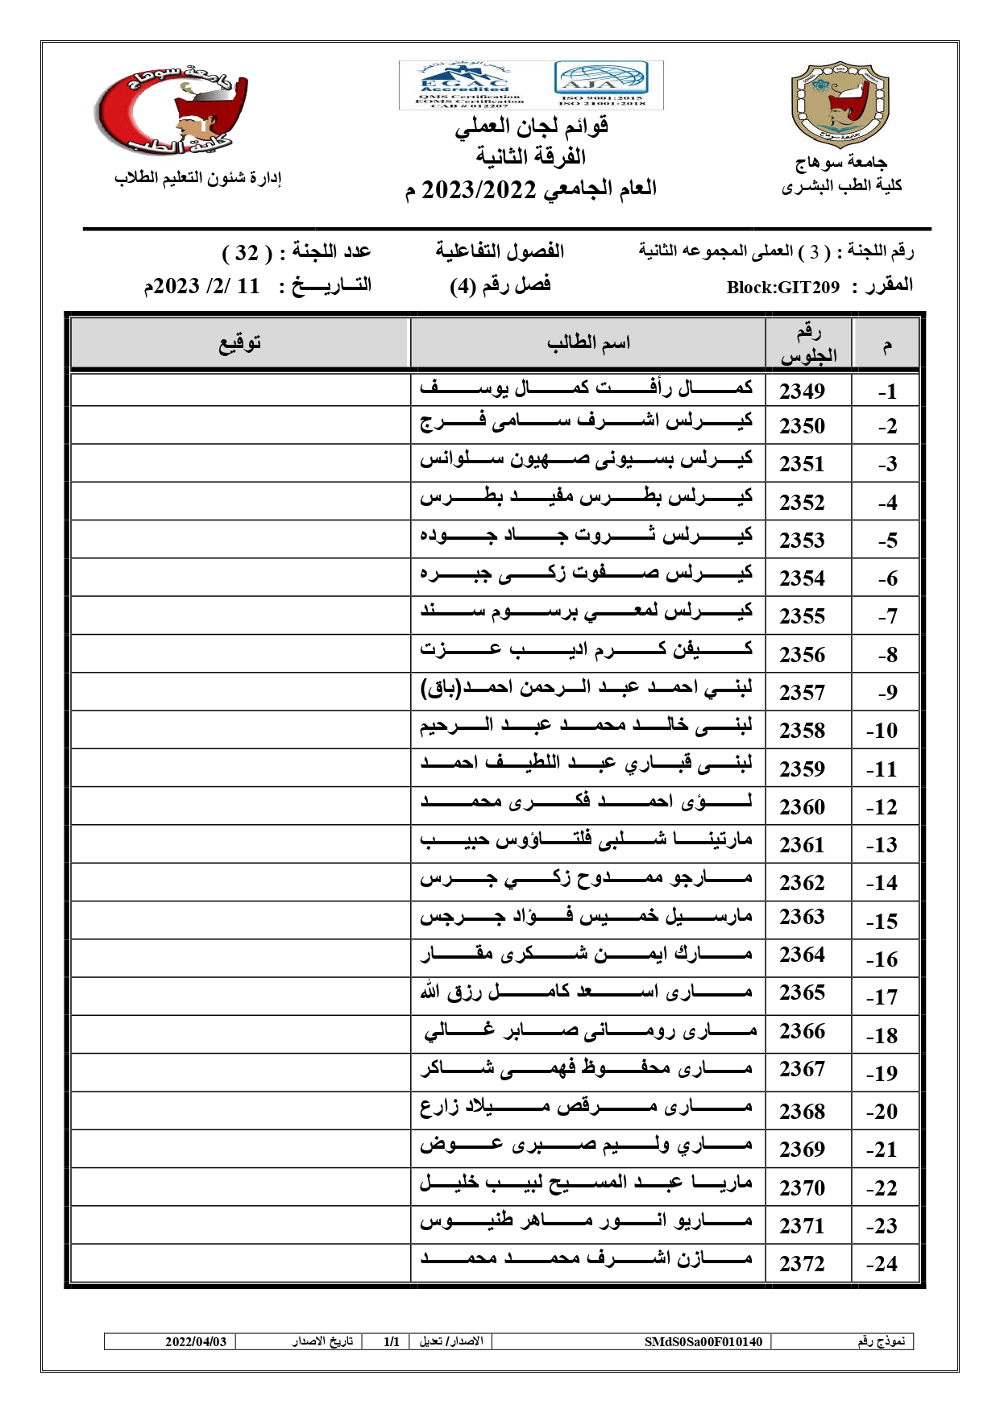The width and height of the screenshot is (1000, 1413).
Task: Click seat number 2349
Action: click(802, 391)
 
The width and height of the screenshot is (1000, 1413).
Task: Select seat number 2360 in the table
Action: click(802, 806)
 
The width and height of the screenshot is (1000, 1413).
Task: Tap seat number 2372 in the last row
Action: click(802, 1263)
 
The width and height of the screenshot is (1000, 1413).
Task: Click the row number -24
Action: click(882, 1264)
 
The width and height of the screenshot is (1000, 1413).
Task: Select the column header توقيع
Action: click(240, 343)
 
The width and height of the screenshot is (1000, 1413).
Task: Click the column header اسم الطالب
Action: click(588, 343)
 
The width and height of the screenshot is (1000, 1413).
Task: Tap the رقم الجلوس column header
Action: click(808, 344)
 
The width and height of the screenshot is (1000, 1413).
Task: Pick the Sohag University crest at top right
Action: click(840, 104)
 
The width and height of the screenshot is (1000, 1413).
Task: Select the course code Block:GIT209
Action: click(782, 288)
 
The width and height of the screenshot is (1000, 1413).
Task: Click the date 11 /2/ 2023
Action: click(202, 286)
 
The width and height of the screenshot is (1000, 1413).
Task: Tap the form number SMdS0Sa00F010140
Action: click(703, 1341)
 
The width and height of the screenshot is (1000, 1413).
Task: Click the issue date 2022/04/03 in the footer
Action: click(196, 1341)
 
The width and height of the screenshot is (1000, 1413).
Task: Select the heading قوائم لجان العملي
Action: click(532, 126)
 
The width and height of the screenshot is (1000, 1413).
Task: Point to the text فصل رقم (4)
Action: click(500, 285)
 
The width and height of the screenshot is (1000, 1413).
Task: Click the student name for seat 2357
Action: click(587, 690)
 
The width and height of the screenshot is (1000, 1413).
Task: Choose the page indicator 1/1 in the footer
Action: click(392, 1341)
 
